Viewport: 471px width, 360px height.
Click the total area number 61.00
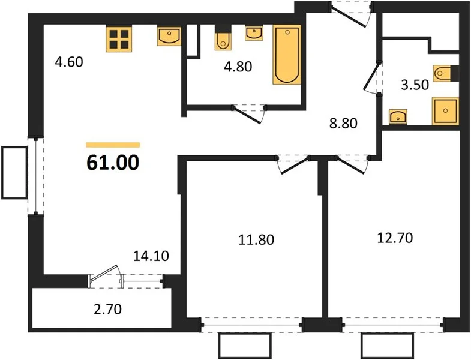(x=113, y=163)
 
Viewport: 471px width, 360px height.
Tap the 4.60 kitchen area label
(x=69, y=62)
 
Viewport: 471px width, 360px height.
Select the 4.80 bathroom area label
(x=238, y=67)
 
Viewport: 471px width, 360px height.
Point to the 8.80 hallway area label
(x=343, y=123)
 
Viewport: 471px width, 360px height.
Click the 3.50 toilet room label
(x=415, y=85)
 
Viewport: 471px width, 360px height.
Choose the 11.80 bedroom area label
(x=256, y=240)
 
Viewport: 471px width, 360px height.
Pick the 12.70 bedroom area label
(x=395, y=238)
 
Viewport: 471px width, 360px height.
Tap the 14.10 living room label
(x=151, y=256)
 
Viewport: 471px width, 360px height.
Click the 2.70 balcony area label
(x=107, y=309)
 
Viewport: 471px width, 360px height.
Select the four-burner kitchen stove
(x=119, y=39)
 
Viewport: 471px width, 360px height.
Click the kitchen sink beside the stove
(x=169, y=37)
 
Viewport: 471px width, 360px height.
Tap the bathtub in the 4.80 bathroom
(x=287, y=55)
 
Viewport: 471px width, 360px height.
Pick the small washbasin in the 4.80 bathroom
(x=254, y=33)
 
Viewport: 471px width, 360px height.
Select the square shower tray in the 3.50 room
(x=445, y=111)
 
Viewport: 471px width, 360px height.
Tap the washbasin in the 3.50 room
(x=398, y=116)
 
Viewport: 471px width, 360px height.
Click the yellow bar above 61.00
(x=113, y=145)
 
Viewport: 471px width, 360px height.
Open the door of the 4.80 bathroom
(x=249, y=113)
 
